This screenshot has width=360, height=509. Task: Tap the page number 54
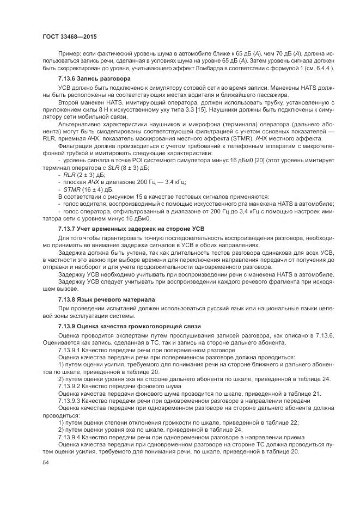(45, 462)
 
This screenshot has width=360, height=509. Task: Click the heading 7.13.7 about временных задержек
(126, 229)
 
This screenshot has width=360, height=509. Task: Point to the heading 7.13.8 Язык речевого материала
(106, 299)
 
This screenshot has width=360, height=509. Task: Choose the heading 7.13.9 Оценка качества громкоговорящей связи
(126, 325)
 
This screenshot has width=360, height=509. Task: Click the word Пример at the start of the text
(70, 53)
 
